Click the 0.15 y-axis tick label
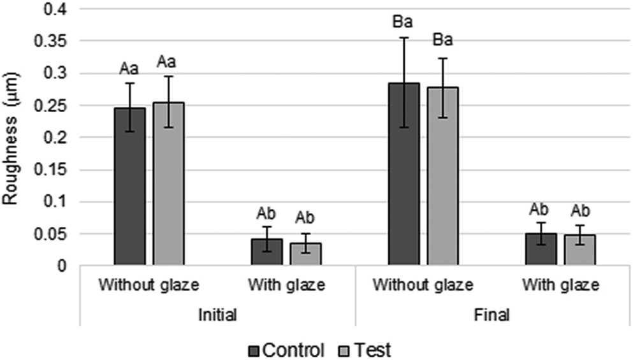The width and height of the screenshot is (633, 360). click(x=55, y=170)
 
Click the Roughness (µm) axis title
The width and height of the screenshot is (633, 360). click(x=11, y=136)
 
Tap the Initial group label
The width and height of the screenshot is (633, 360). click(x=217, y=315)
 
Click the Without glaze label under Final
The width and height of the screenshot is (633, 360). click(x=423, y=285)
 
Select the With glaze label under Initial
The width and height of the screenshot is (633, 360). click(x=286, y=285)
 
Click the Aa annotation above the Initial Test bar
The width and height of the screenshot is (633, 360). click(x=168, y=62)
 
